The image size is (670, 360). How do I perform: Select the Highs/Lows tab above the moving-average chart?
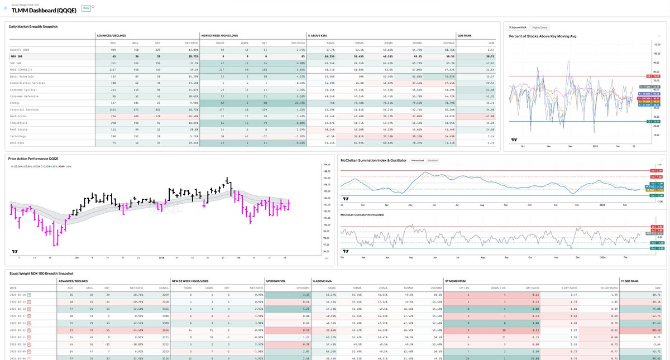tap(539, 27)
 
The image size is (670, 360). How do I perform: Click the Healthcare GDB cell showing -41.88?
tap(490, 116)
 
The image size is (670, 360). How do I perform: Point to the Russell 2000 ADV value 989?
tap(114, 50)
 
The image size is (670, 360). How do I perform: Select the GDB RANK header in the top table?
tap(465, 36)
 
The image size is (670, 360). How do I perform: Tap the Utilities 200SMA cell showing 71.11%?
tap(446, 142)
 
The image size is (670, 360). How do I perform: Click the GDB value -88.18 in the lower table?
tap(655, 331)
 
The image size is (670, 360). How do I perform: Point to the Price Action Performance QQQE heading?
tap(33, 159)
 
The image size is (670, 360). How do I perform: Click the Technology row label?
tap(20, 136)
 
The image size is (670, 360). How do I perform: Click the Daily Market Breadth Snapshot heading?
tap(33, 26)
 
